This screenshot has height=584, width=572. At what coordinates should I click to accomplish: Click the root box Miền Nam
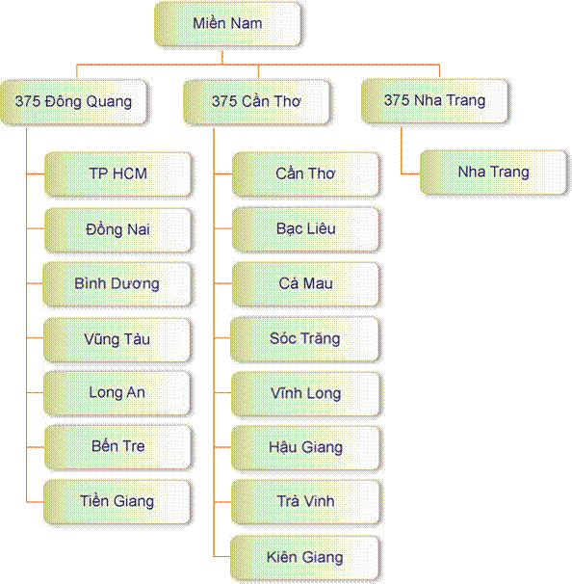tap(228, 24)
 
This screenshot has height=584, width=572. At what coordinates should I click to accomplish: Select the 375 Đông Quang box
tap(74, 102)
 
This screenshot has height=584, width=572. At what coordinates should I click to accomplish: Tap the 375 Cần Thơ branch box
tap(256, 102)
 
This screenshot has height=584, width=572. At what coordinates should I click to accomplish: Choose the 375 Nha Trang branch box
tap(434, 100)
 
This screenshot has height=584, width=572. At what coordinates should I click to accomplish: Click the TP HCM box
tap(118, 173)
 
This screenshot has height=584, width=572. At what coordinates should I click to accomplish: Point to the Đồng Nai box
tap(118, 229)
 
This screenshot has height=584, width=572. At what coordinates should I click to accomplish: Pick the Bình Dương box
tap(117, 283)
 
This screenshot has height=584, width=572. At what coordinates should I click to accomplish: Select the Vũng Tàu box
tap(117, 339)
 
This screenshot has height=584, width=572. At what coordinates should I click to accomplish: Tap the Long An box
tap(117, 393)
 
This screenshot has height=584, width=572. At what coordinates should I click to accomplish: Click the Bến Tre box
tap(118, 447)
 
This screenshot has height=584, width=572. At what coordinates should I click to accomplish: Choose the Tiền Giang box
tap(117, 502)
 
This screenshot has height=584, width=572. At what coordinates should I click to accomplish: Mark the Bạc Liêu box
tap(306, 229)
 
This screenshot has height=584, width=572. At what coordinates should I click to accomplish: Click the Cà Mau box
tap(306, 283)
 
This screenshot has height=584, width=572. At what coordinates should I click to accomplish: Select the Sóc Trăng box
tap(305, 339)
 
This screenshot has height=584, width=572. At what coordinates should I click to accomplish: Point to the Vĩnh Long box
tap(306, 394)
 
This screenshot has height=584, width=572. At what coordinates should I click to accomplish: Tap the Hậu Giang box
tap(306, 448)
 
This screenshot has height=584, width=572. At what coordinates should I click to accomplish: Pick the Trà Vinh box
tap(306, 502)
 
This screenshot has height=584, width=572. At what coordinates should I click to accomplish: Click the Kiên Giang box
tap(305, 558)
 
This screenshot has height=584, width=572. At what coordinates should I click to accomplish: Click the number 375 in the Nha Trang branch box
tap(397, 100)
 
